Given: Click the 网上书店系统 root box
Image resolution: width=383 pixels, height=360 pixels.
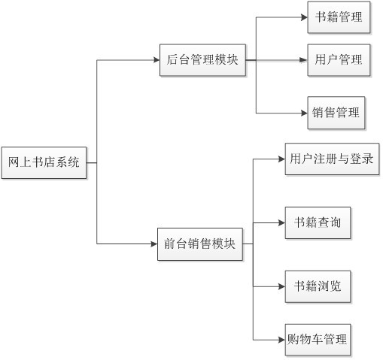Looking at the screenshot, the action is click(44, 163).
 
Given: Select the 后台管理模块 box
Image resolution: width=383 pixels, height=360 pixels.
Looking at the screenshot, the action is click(202, 60).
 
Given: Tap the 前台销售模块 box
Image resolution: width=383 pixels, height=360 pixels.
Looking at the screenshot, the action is click(200, 244).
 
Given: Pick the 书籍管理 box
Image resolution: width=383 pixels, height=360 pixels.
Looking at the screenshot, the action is click(339, 17).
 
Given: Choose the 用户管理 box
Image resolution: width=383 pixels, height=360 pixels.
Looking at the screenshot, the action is click(339, 60).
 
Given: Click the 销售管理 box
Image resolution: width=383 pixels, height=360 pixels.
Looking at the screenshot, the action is click(336, 113).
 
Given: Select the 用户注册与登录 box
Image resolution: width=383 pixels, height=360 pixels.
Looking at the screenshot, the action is click(332, 159).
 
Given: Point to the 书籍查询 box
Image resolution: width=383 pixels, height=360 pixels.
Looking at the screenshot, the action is click(318, 222).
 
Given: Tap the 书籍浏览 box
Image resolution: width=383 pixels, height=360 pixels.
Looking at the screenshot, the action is click(318, 286).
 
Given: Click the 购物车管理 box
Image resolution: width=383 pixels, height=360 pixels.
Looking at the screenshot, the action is click(318, 340).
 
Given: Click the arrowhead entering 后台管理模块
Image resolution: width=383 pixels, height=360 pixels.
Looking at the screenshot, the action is click(157, 60).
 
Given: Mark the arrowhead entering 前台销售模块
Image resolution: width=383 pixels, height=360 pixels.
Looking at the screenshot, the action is click(154, 244).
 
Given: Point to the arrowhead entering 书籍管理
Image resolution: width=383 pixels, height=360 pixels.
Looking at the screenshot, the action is click(305, 17).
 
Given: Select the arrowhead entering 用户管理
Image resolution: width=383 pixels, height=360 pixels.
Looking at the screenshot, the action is click(304, 60).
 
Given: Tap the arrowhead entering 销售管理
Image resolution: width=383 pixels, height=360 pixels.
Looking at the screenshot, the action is click(305, 113).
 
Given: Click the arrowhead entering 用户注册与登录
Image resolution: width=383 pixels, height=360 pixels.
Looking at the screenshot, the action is click(282, 159).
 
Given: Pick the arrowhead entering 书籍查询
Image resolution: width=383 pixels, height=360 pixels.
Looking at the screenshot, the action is click(282, 222).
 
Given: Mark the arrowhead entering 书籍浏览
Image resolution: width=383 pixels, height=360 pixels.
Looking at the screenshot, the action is click(282, 286).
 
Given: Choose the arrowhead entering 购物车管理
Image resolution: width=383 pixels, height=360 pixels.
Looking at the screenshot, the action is click(282, 340).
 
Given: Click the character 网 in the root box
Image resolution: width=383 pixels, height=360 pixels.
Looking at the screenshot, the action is click(14, 162).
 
